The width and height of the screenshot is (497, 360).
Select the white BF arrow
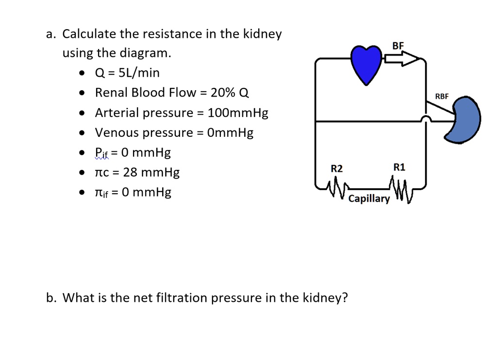click(x=402, y=59)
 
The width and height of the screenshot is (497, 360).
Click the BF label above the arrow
click(x=398, y=46)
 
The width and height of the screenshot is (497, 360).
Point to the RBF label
click(x=442, y=97)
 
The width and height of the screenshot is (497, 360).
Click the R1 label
click(x=399, y=167)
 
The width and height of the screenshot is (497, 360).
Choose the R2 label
click(x=337, y=168)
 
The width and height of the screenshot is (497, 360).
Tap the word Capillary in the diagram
click(x=369, y=199)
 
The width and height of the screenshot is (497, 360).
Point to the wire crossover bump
click(x=426, y=119)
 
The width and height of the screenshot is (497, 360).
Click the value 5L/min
click(x=139, y=73)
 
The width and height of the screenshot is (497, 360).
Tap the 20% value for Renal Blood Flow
click(x=223, y=93)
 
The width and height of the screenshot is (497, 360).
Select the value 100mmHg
click(x=238, y=113)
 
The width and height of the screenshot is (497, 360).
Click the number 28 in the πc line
click(x=130, y=172)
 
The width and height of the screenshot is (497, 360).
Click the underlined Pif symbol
click(x=101, y=153)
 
